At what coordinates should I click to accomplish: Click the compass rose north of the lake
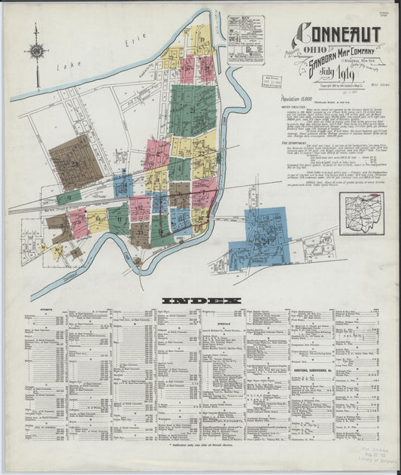click(x=35, y=51)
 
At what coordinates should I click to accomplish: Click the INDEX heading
click(x=201, y=300)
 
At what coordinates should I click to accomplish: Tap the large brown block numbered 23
click(x=75, y=162)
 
